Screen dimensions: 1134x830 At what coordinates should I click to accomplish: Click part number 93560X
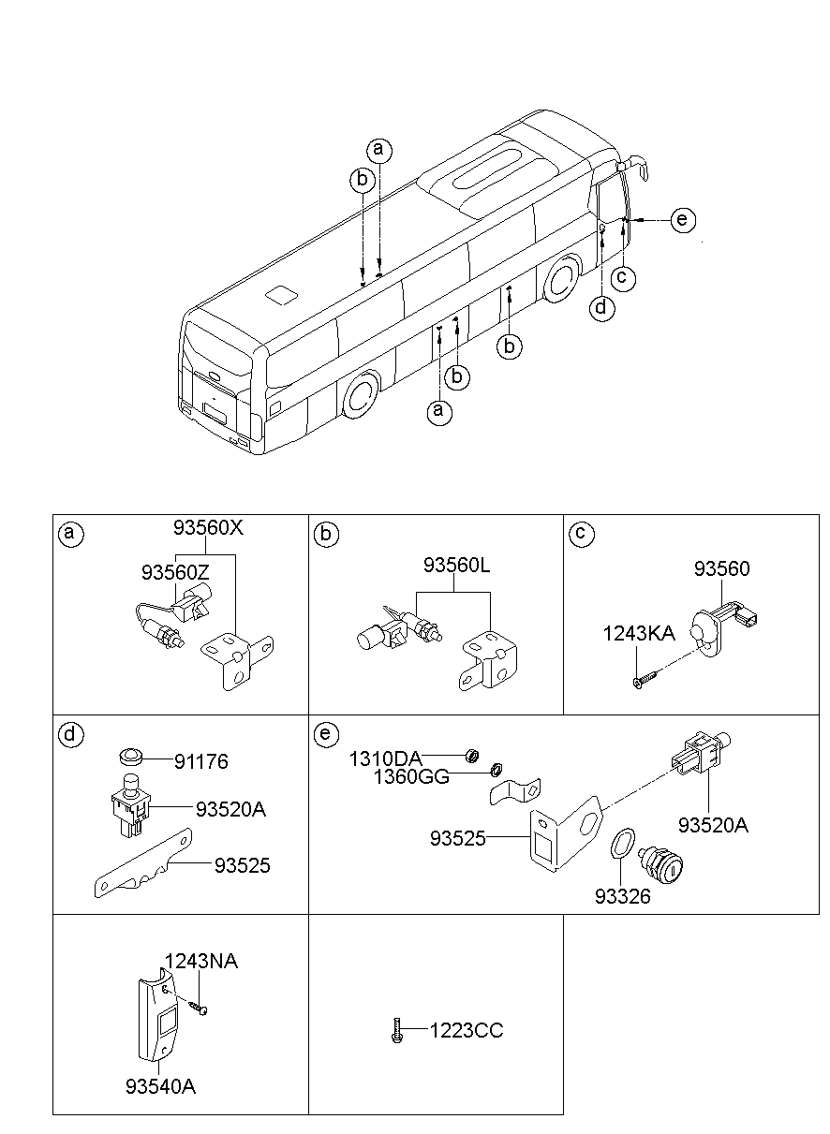(x=208, y=527)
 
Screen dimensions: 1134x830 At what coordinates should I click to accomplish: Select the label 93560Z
(x=175, y=570)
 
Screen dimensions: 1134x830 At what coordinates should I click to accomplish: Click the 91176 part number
(x=200, y=762)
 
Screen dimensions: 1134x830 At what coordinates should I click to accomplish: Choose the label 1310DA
(x=385, y=758)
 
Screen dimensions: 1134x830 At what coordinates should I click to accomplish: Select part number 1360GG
(x=411, y=776)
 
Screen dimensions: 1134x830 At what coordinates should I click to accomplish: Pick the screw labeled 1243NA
(x=199, y=1008)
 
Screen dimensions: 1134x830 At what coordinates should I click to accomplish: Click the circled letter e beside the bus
(x=683, y=220)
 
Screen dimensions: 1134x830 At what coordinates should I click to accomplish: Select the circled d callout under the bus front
(x=600, y=306)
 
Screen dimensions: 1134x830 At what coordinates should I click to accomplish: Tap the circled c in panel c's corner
(x=580, y=534)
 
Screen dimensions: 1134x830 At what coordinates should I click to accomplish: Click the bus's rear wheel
(x=359, y=395)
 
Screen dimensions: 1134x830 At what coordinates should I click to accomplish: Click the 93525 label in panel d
(x=242, y=866)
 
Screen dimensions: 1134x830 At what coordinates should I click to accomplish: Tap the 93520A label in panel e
(x=713, y=825)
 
